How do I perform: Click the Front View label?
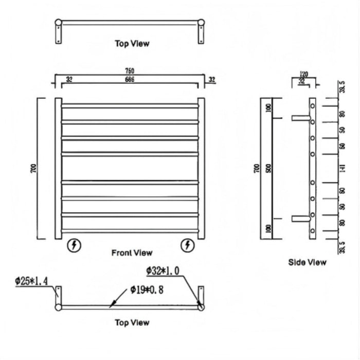[x=132, y=253]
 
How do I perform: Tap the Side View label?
[x=307, y=262]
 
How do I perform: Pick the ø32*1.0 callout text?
[x=164, y=271]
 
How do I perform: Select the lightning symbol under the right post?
[x=188, y=246]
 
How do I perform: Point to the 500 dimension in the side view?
[x=268, y=168]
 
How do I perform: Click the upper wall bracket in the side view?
[x=300, y=118]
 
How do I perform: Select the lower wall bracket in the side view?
[x=300, y=219]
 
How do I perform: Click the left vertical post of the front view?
[x=58, y=168]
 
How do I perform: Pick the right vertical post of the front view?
[x=201, y=168]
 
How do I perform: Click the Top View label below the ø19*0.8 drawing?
[x=132, y=322]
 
